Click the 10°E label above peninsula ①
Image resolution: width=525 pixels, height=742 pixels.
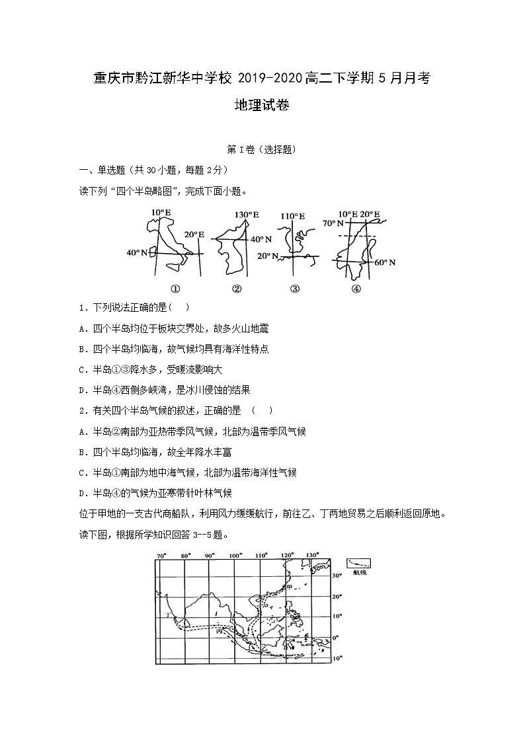(161, 213)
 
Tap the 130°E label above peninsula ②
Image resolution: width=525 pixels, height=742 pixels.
(247, 215)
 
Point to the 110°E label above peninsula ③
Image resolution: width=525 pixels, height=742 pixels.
(292, 216)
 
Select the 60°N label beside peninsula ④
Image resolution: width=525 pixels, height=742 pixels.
(384, 262)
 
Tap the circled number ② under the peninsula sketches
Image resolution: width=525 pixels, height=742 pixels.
(237, 288)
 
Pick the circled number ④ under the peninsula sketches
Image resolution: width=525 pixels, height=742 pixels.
(356, 288)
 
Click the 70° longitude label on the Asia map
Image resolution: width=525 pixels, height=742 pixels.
(159, 555)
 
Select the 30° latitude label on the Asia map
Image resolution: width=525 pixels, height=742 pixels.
(337, 576)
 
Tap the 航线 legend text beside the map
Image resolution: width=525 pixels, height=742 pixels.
(359, 572)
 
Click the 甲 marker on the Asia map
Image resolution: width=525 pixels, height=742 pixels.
(288, 587)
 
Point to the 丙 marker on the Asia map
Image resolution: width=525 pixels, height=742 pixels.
(220, 631)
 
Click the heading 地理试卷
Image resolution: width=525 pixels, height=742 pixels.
(262, 105)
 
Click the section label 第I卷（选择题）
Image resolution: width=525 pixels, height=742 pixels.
(262, 150)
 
